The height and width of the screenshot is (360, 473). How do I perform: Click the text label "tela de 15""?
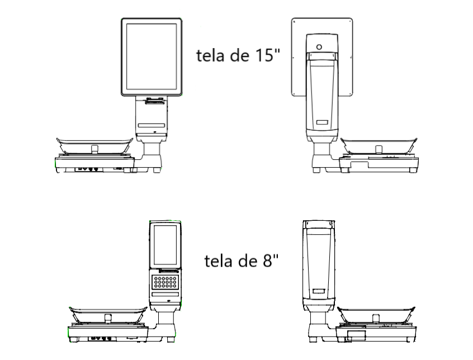(238, 55)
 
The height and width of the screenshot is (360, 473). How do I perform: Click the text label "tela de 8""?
(242, 260)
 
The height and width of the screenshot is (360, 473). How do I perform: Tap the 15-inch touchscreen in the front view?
(152, 56)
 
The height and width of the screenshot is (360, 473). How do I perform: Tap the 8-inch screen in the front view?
(165, 246)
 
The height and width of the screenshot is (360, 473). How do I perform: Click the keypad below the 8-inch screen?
(165, 282)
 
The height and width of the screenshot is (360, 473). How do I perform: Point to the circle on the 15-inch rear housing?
(319, 47)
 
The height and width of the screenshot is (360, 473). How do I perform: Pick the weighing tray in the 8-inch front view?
(108, 315)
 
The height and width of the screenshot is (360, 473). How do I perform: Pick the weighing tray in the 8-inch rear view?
(376, 315)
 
